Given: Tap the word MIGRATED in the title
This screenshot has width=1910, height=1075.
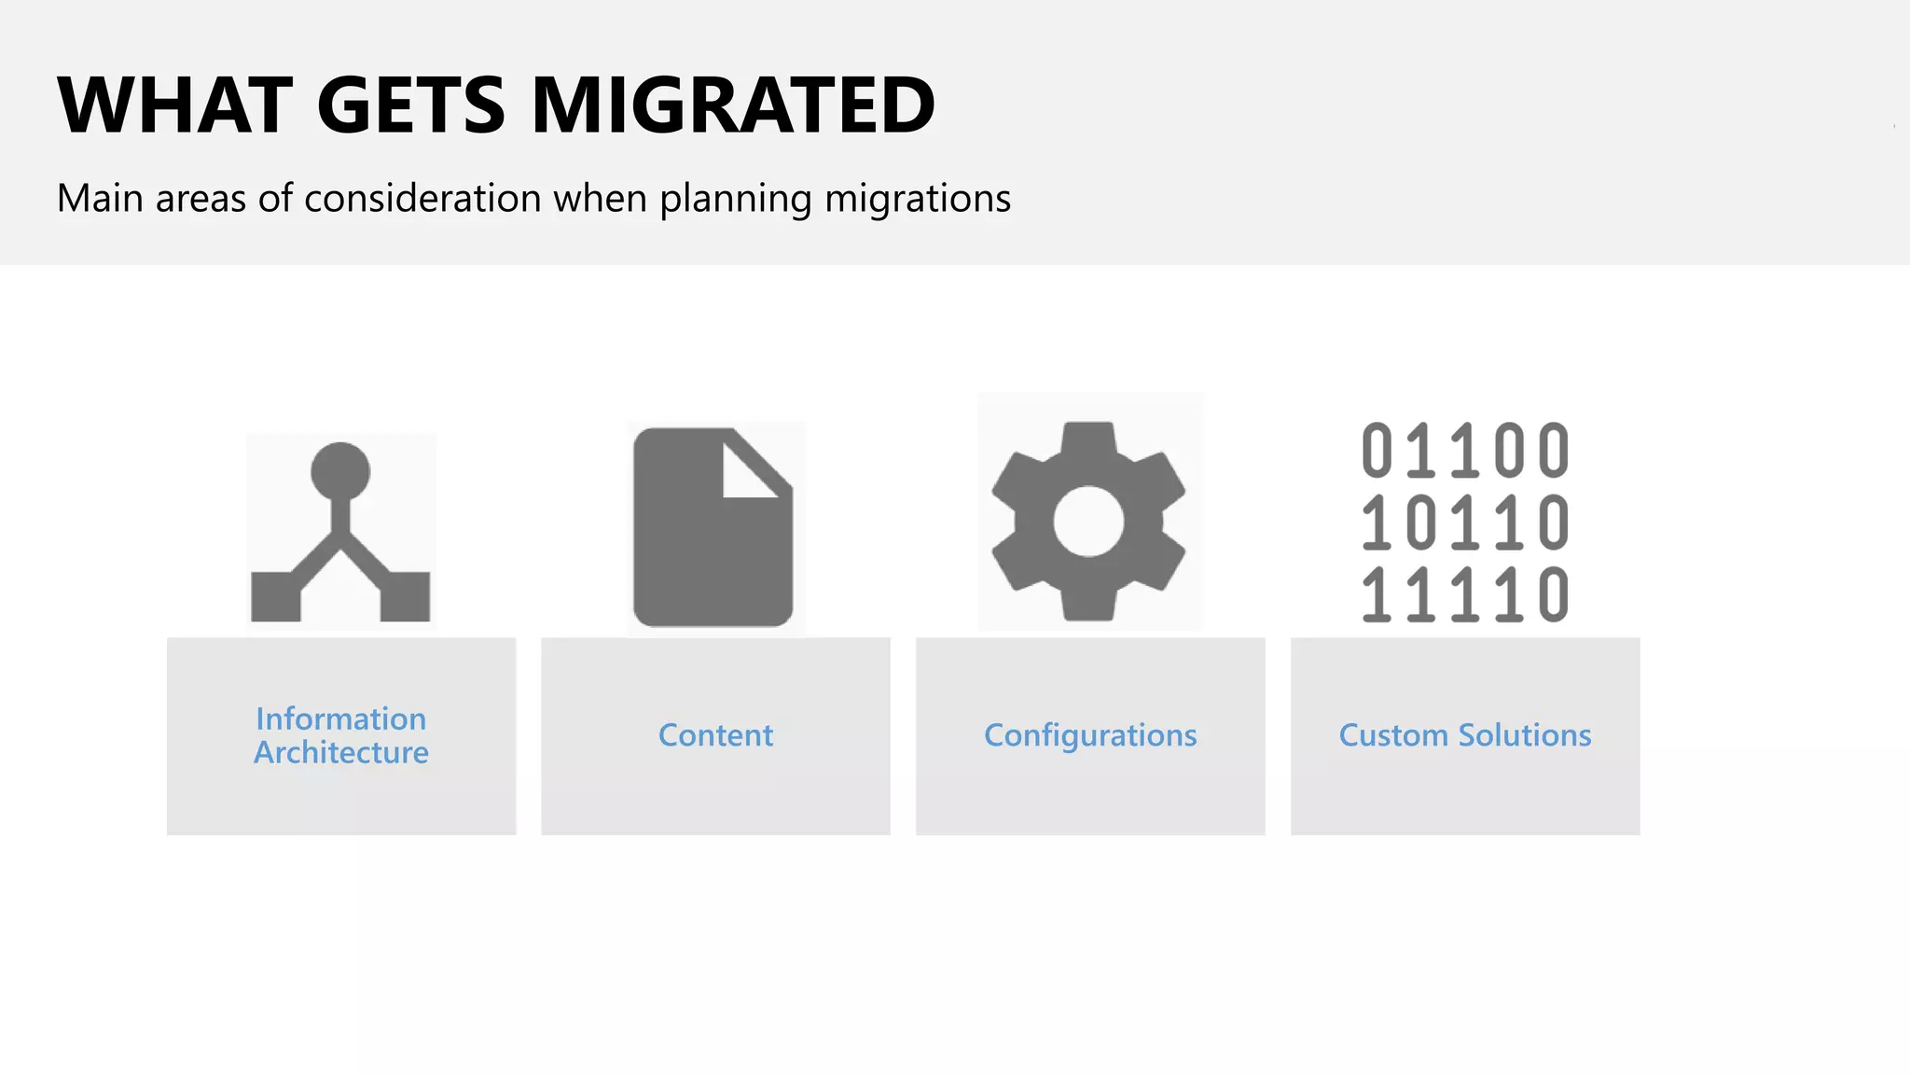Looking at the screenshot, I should click(x=733, y=105).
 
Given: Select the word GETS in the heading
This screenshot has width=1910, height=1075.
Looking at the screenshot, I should click(x=411, y=105).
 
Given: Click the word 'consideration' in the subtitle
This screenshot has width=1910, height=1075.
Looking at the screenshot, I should click(x=422, y=199).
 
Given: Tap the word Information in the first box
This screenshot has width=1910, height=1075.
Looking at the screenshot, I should click(x=341, y=719).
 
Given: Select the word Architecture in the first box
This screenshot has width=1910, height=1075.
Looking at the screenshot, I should click(x=341, y=752).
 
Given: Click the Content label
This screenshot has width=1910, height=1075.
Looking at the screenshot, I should click(x=715, y=735).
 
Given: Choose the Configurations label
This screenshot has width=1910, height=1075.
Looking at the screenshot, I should click(x=1090, y=735).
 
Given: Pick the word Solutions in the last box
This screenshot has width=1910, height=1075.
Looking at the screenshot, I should click(x=1525, y=735).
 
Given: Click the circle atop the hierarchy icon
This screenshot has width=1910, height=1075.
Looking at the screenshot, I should click(x=340, y=471).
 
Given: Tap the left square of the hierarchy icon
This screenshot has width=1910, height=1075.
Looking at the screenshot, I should click(x=276, y=596).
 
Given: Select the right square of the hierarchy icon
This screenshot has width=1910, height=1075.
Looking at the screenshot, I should click(x=405, y=596).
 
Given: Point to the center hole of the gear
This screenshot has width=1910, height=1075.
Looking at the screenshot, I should click(x=1088, y=521).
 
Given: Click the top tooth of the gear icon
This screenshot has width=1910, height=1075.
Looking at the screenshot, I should click(x=1088, y=437).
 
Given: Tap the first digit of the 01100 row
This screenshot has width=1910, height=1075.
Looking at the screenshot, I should click(x=1377, y=451).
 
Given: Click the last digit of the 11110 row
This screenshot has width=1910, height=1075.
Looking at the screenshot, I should click(x=1554, y=594).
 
